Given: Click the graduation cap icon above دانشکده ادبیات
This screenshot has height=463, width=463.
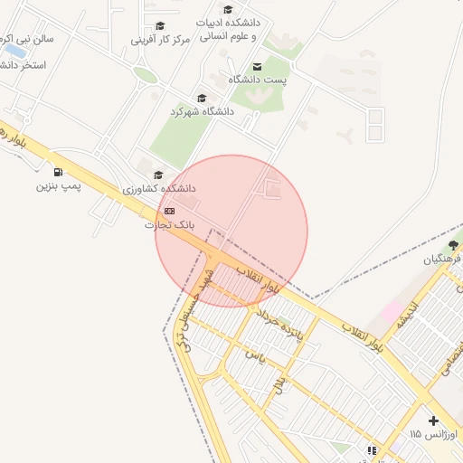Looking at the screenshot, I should (227, 10).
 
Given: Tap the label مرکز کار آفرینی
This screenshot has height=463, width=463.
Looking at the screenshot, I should (161, 40).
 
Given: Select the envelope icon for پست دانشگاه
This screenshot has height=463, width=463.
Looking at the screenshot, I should (257, 66).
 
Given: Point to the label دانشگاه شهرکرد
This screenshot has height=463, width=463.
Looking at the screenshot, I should (202, 111).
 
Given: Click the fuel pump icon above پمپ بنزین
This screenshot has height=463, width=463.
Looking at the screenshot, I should (59, 172).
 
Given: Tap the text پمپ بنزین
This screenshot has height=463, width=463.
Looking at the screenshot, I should (59, 186).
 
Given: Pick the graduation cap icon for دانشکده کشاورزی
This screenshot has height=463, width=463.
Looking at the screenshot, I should (159, 175).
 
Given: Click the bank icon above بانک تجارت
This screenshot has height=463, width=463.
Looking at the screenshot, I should (170, 211).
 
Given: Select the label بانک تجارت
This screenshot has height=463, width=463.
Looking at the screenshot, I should (170, 224).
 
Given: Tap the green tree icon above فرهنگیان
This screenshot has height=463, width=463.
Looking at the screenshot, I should (453, 244).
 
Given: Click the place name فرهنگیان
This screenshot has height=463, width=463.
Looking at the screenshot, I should (442, 259).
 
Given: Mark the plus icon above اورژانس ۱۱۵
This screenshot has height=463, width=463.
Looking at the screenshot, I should (434, 420).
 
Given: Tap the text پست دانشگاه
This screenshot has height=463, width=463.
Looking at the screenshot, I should (257, 80).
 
